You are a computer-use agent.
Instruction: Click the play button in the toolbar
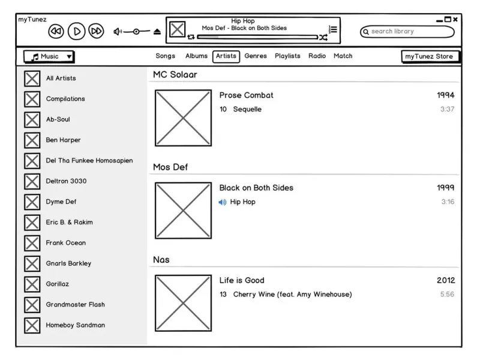76,31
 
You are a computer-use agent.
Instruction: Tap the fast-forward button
96,31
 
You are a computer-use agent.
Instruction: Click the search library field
407,31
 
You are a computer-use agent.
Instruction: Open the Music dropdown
49,56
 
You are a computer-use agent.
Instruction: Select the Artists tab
226,56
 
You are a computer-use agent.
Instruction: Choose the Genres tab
256,56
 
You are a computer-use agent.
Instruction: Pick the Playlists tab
287,56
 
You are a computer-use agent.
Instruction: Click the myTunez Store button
429,56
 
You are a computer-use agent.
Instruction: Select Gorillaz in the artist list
58,284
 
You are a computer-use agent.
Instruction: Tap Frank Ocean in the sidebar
66,243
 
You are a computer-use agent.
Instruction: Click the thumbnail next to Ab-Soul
32,119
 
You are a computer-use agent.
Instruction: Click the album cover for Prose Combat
183,118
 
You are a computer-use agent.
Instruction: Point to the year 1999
445,188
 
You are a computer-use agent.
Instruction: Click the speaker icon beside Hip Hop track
223,202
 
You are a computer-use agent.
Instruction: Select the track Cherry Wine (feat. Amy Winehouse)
292,295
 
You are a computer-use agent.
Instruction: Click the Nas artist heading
161,260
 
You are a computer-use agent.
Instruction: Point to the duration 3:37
447,109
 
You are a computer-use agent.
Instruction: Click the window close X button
455,20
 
